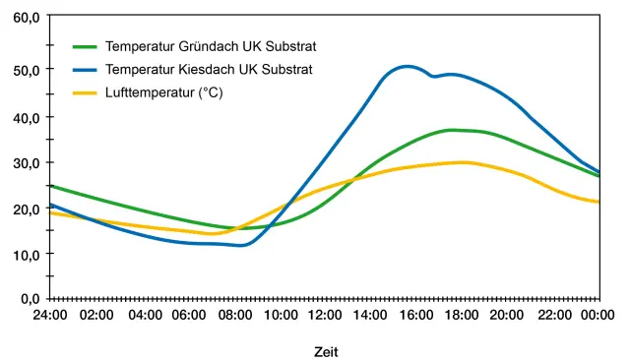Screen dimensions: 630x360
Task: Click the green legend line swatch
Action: [x=85, y=47]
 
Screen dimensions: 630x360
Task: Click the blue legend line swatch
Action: [x=85, y=70]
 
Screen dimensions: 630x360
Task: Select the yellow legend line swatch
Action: [x=85, y=93]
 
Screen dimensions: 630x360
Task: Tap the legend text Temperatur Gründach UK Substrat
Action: [x=211, y=46]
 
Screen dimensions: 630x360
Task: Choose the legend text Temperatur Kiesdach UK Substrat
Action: [x=209, y=70]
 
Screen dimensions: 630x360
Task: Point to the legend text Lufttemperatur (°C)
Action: [x=164, y=92]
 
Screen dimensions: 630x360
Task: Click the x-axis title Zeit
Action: [x=326, y=352]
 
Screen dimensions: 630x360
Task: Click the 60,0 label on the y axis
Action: [x=27, y=18]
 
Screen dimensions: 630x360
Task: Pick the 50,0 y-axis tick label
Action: [x=27, y=70]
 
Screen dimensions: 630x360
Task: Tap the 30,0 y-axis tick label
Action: [x=27, y=163]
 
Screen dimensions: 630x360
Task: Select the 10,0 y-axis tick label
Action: [x=27, y=255]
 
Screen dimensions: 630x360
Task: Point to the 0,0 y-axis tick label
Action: [x=31, y=299]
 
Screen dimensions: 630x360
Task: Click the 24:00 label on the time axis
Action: [x=50, y=315]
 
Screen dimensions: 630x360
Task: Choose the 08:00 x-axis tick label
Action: [x=235, y=315]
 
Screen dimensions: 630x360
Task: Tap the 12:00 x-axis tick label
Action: [x=325, y=315]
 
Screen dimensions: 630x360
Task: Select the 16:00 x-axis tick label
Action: [x=416, y=315]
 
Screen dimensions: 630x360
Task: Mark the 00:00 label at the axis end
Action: [x=598, y=315]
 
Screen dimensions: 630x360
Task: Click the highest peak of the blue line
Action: [x=407, y=67]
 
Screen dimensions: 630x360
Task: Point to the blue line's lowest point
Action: [x=241, y=245]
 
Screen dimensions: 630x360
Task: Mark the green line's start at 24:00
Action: [x=50, y=186]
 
